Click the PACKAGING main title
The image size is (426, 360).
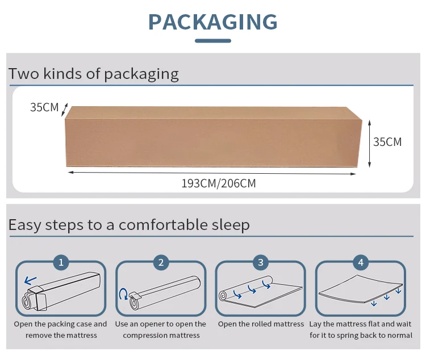pos(213,22)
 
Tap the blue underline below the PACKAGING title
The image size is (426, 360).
pos(213,41)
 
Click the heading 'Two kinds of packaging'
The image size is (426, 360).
pos(94,74)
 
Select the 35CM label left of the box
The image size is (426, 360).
pos(44,107)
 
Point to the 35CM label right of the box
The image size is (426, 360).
pos(387,142)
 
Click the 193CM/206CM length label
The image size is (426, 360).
pos(219,183)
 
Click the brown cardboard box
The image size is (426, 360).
pos(213,137)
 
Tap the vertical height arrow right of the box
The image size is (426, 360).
pos(369,143)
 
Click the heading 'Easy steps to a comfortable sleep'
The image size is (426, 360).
pos(129,225)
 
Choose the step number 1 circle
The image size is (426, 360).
pos(61,262)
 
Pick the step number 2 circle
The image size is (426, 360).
pos(161,262)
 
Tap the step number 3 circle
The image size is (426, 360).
pos(261,262)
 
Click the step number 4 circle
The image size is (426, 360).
pos(361,262)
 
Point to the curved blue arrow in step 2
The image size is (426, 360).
pos(123,294)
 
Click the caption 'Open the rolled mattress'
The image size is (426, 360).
pos(261,324)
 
